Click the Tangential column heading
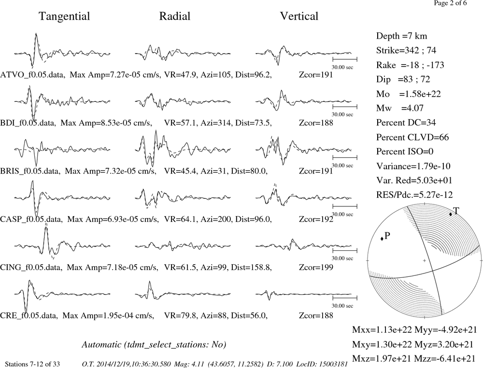point(64,16)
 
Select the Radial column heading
point(175,16)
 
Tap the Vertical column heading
point(299,16)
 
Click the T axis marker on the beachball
point(450,214)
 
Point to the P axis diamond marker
point(382,238)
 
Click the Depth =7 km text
point(401,36)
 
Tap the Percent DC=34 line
point(406,123)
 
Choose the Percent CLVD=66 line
point(412,137)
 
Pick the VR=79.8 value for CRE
point(180,316)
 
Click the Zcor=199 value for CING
point(316,267)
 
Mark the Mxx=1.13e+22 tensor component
point(382,330)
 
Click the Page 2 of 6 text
point(450,3)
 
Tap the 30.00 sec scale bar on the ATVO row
point(345,59)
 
